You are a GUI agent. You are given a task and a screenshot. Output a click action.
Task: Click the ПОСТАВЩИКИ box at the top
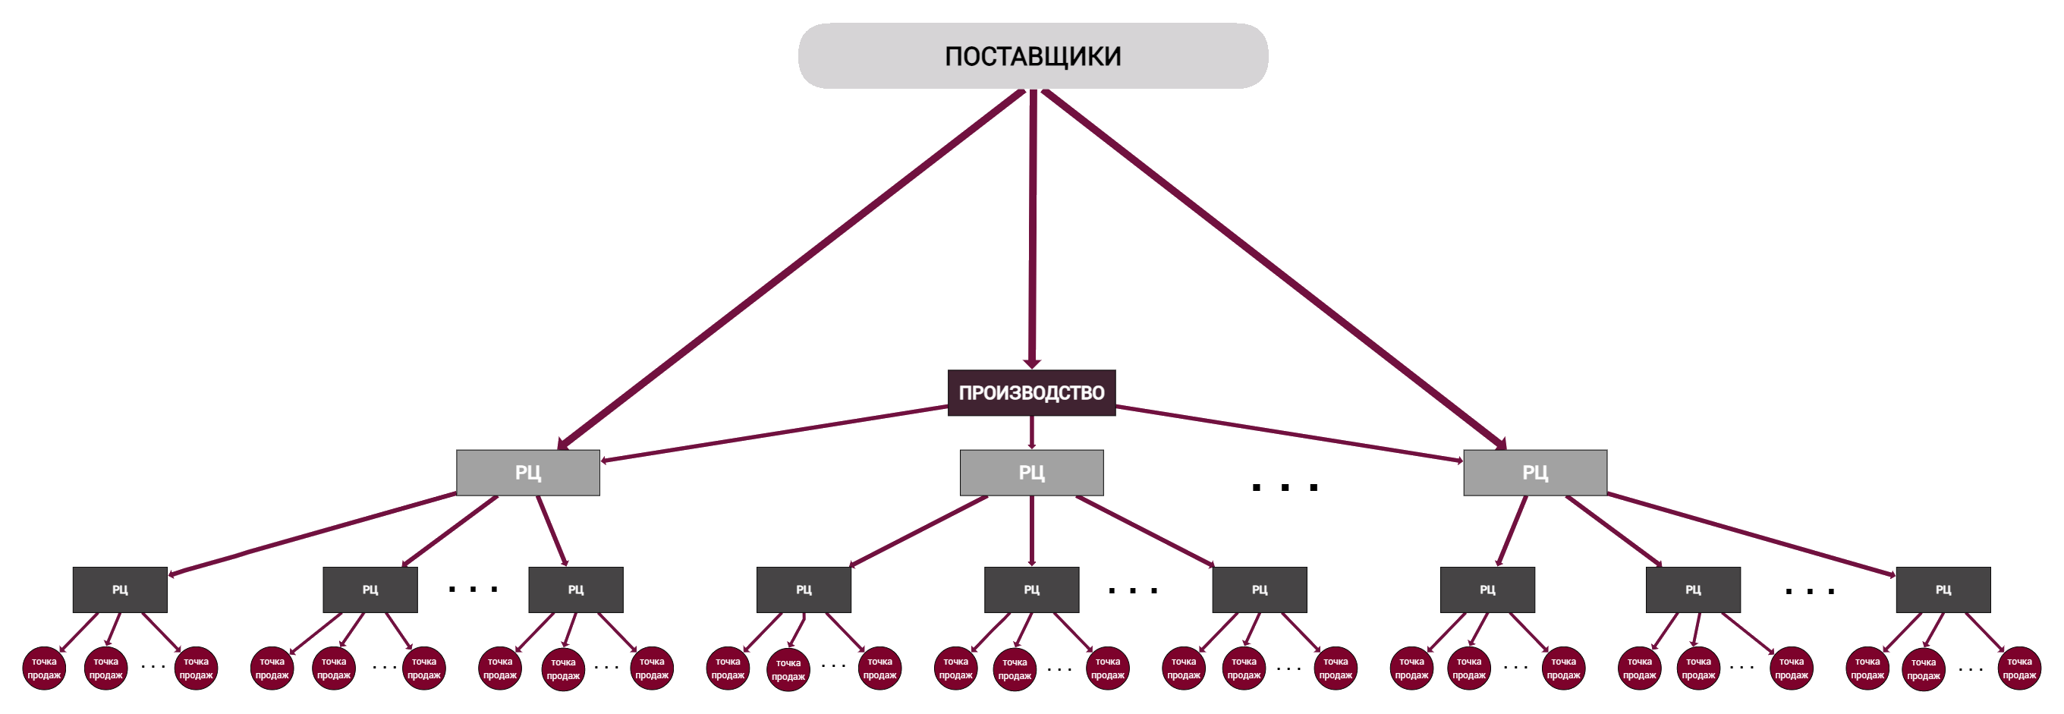point(1032,56)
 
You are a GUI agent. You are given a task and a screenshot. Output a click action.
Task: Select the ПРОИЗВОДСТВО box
point(1031,392)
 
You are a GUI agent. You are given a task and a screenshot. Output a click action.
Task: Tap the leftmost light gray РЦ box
point(528,472)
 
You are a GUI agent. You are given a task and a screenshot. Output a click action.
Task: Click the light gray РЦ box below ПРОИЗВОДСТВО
point(1031,472)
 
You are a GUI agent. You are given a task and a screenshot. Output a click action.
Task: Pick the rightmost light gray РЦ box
point(1534,472)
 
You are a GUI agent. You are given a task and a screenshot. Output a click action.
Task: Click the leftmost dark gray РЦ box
point(119,590)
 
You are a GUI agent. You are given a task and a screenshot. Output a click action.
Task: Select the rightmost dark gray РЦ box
point(1943,590)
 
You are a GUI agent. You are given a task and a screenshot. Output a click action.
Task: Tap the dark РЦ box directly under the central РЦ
point(1031,590)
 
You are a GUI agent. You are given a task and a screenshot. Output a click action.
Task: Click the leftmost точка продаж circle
point(44,668)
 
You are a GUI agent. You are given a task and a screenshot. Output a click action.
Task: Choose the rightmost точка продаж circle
point(2019,668)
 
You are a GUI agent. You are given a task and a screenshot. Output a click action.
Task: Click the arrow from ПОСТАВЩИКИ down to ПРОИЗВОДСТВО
point(1032,232)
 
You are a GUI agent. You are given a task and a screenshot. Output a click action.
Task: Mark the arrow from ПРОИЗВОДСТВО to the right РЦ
point(1290,433)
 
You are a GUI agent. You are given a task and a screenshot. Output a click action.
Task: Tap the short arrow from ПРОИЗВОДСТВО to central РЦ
point(1031,432)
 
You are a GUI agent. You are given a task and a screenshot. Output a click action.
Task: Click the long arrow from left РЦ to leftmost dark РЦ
point(313,534)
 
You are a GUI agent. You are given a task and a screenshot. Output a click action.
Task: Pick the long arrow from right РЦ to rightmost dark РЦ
point(1751,533)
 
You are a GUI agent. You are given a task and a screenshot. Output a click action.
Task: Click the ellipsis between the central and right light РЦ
point(1285,487)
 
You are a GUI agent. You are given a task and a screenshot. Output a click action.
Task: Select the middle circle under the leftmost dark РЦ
point(105,668)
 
